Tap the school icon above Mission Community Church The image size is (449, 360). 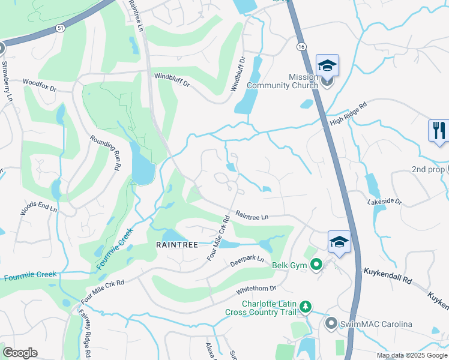point(327,65)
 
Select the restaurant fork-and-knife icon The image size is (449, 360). point(439,130)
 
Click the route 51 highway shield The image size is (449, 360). point(59,28)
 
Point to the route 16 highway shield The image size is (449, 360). point(301,46)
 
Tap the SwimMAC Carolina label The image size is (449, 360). point(376,325)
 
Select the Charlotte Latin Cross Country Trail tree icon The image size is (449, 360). point(306,307)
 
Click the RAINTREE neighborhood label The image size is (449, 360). point(177,245)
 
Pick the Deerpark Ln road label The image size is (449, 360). point(247,262)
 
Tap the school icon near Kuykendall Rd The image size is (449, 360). point(339,242)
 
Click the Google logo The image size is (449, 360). point(20,353)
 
